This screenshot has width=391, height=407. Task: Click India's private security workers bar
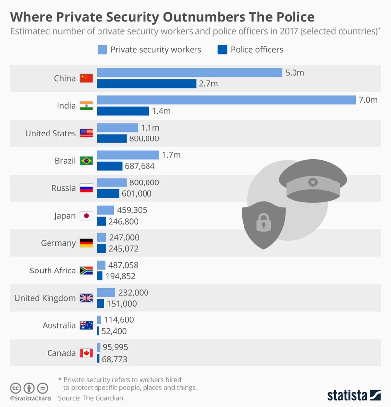tap(226, 100)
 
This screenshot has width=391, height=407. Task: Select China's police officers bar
tap(147, 84)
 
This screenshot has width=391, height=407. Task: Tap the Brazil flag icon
tap(86, 161)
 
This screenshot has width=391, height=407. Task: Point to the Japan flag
tap(86, 216)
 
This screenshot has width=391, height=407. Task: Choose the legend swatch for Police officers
tap(222, 49)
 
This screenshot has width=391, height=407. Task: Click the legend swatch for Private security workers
tap(102, 49)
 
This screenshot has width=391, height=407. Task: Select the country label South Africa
tap(52, 271)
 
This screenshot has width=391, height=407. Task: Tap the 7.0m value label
tap(368, 100)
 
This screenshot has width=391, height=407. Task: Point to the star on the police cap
tap(312, 182)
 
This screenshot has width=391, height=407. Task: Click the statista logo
tap(353, 395)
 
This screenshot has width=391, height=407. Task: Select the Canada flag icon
tap(86, 353)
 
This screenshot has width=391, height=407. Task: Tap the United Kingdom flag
tap(86, 298)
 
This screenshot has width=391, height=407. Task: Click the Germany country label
tap(58, 243)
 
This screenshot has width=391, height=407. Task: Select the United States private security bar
tap(117, 128)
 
